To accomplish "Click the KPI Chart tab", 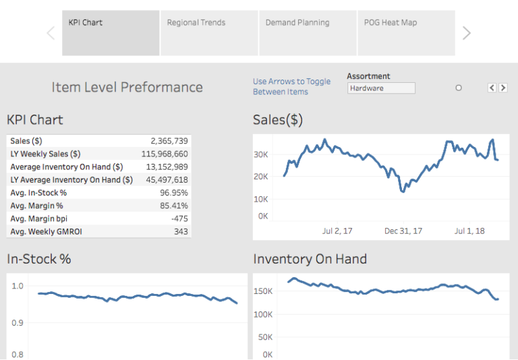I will click(111, 32).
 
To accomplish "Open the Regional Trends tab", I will click(209, 32).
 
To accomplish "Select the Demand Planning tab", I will click(308, 32).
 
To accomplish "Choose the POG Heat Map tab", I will click(405, 32).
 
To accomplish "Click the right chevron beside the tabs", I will click(466, 33).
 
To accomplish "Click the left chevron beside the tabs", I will click(51, 33).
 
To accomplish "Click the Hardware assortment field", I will click(381, 88).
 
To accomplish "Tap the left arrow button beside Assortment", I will click(492, 88).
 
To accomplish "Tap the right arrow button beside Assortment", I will click(503, 88).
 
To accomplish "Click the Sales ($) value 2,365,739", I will click(169, 141).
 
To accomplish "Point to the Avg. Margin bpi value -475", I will click(179, 218).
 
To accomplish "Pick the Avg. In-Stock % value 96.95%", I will click(173, 193).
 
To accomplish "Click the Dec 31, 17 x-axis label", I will click(403, 231).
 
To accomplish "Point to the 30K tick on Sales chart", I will click(260, 154).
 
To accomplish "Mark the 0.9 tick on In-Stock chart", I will click(18, 322).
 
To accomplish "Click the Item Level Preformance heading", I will click(127, 87).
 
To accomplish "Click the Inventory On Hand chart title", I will click(310, 259).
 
